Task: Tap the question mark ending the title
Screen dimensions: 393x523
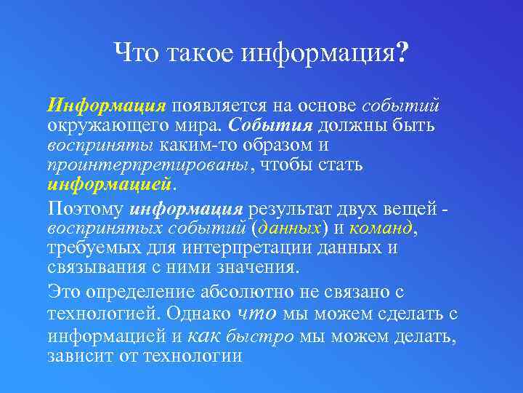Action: [402, 52]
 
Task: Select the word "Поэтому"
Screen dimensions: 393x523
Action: [86, 210]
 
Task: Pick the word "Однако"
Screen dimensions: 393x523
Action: [198, 314]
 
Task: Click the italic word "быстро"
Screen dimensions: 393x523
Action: [259, 337]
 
